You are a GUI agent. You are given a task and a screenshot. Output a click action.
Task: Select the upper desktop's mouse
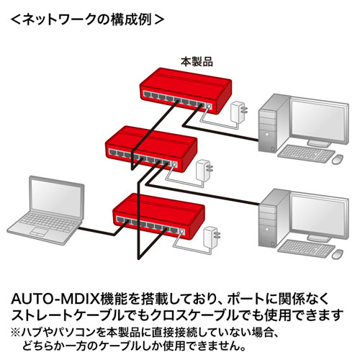pos(337,158)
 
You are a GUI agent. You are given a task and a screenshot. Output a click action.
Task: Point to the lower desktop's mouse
pos(337,253)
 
